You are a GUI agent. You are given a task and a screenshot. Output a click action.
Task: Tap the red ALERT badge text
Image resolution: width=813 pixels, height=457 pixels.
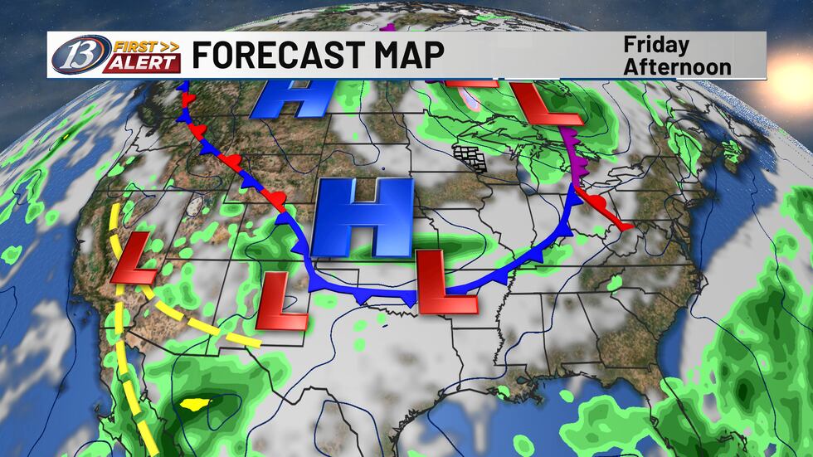coord(141,64)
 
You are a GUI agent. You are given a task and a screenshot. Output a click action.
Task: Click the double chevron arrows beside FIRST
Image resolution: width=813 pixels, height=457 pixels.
coord(169,46)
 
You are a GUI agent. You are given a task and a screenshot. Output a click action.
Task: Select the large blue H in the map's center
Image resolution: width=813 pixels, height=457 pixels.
coord(363,216)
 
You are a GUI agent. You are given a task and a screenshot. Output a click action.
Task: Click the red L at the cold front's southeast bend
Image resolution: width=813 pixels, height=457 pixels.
coord(446,283)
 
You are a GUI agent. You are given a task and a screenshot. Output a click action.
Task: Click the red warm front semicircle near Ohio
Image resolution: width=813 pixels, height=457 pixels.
coord(583,197)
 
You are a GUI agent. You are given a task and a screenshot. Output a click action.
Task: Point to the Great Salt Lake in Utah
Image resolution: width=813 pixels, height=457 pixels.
coord(196,202)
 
